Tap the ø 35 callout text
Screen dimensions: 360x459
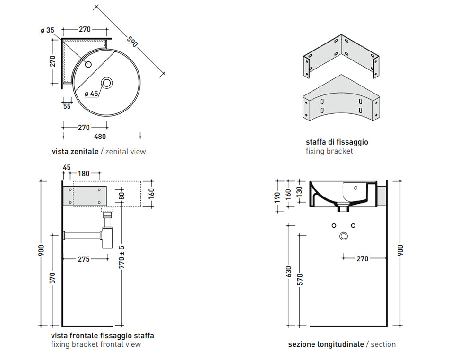pos(48,30)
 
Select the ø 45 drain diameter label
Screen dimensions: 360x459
pos(91,94)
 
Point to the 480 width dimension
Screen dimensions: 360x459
pos(99,137)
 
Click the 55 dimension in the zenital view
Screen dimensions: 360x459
pos(67,106)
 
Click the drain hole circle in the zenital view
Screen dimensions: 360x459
pos(107,83)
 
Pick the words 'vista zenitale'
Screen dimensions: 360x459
pos(75,152)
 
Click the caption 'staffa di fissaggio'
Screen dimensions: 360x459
pos(337,142)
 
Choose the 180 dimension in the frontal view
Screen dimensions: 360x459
pos(84,174)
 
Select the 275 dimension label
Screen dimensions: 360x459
pos(84,259)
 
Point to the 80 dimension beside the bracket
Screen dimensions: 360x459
pos(122,195)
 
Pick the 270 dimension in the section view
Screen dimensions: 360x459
pos(363,258)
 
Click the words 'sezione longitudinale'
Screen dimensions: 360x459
pos(326,344)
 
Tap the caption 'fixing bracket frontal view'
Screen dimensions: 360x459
pos(96,344)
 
